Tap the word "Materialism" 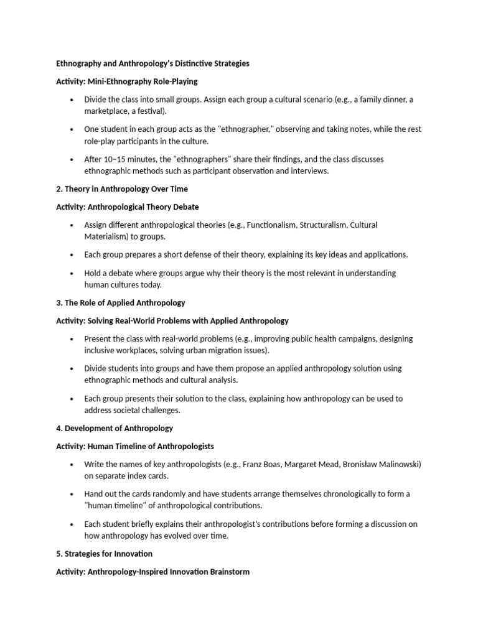coord(105,236)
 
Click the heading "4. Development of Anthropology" coord(115,428)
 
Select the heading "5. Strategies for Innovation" coord(104,553)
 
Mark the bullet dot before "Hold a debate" coord(72,273)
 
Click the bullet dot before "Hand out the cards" coord(72,494)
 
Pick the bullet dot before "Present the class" coord(72,339)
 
